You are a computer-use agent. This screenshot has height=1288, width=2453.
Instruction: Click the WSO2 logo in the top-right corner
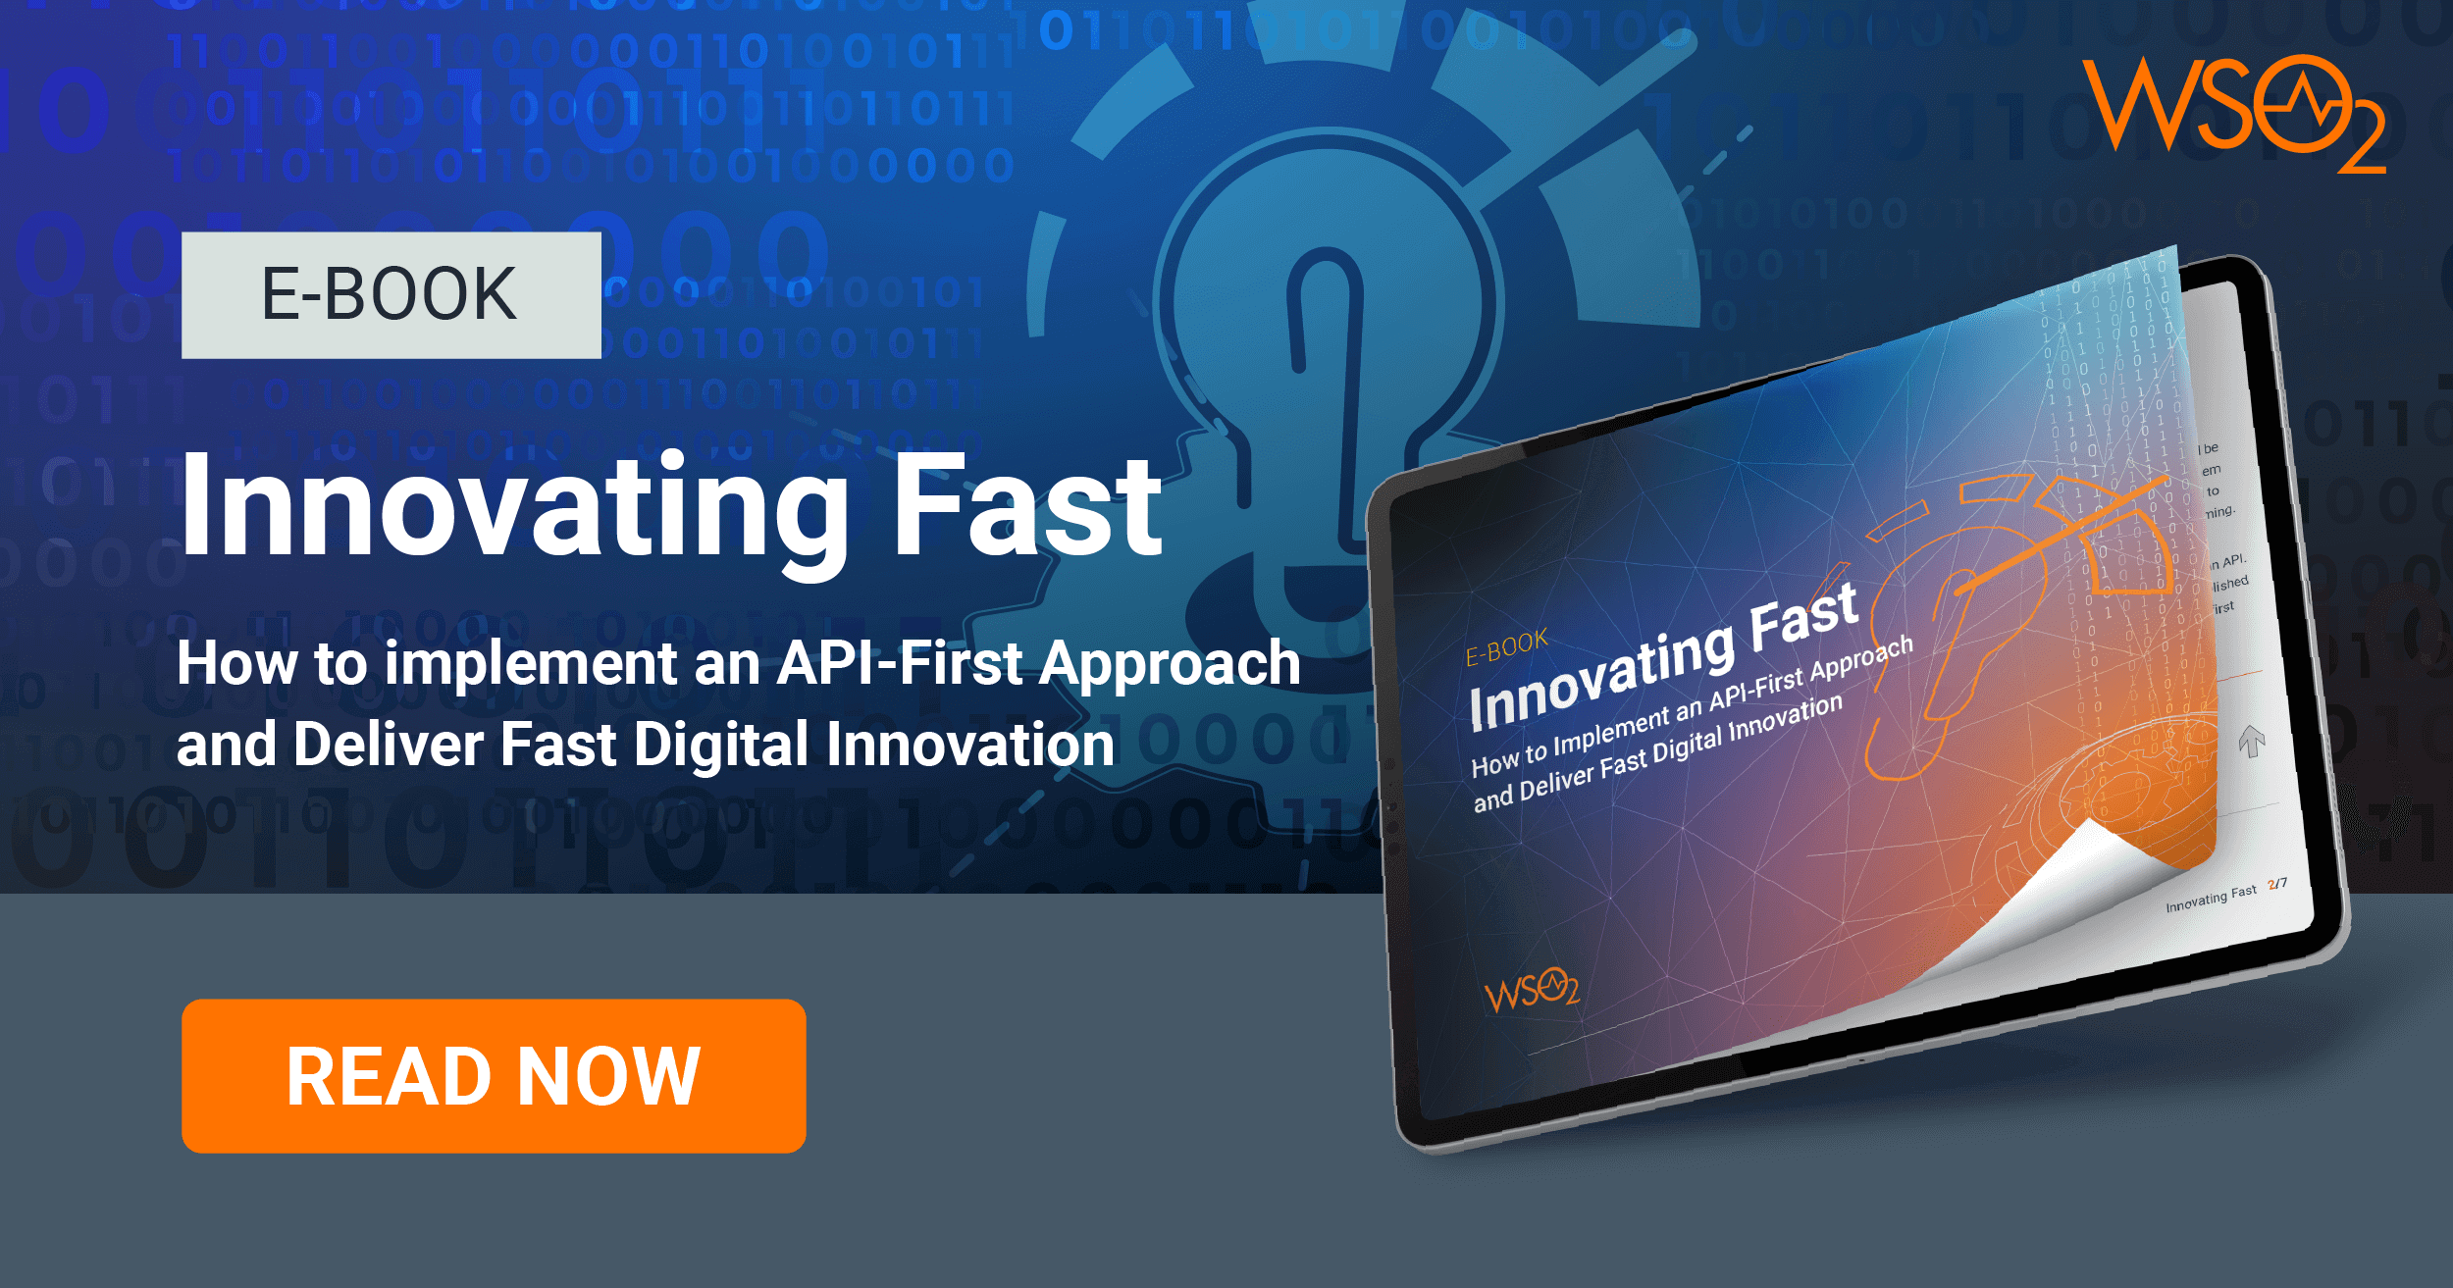[2232, 113]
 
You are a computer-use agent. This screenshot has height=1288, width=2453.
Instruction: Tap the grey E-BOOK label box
[391, 295]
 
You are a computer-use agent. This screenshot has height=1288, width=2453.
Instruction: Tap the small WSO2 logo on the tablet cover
[1531, 991]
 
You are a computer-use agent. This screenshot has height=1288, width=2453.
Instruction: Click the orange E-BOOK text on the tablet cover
[1506, 647]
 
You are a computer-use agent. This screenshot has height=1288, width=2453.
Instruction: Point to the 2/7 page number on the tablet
[2277, 884]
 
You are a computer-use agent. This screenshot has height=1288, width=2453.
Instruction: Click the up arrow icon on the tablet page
[2252, 741]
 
